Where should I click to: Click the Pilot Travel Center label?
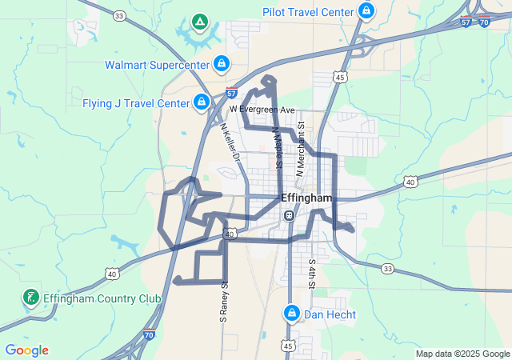pyautogui.click(x=308, y=12)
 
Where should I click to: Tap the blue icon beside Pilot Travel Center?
pyautogui.click(x=366, y=11)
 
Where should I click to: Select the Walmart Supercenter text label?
pyautogui.click(x=156, y=65)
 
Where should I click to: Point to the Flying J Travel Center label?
pyautogui.click(x=135, y=103)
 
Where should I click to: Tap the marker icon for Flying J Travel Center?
pyautogui.click(x=202, y=102)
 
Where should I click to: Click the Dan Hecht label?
pyautogui.click(x=330, y=314)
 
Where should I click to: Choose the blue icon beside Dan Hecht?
pyautogui.click(x=292, y=313)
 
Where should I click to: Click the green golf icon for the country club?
pyautogui.click(x=30, y=298)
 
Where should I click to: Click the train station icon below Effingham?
pyautogui.click(x=290, y=216)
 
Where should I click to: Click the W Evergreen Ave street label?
pyautogui.click(x=262, y=109)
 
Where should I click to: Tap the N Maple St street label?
pyautogui.click(x=278, y=146)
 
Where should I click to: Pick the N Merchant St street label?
pyautogui.click(x=302, y=148)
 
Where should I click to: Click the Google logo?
pyautogui.click(x=27, y=350)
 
